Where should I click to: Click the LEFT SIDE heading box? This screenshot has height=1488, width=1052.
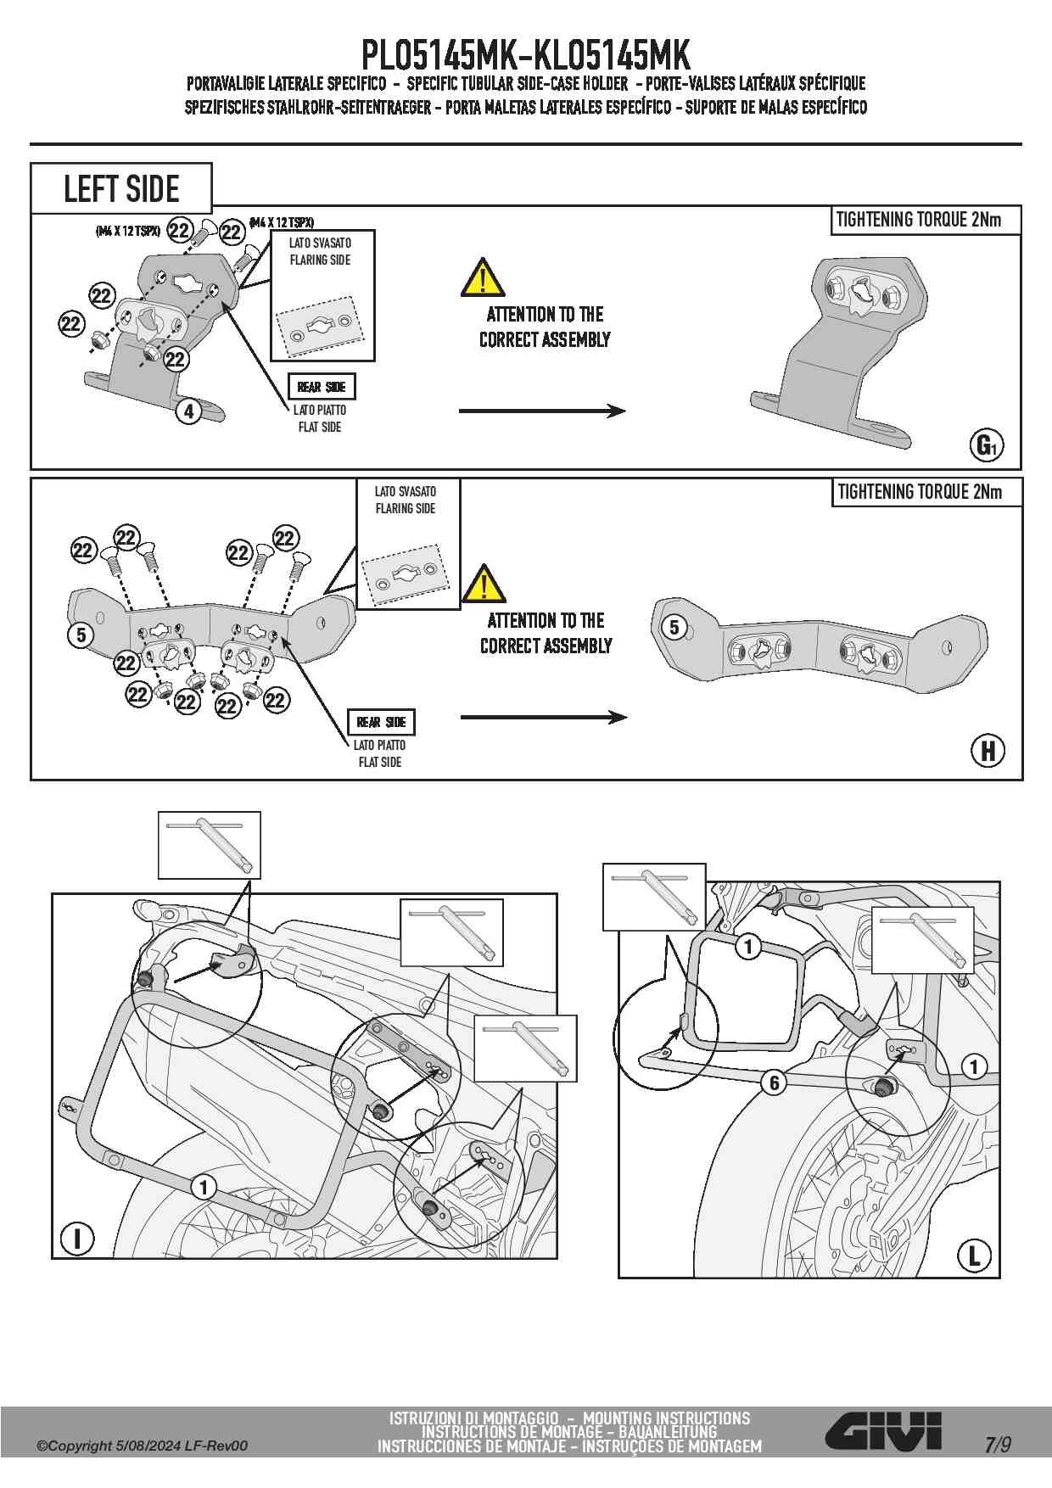[x=121, y=188]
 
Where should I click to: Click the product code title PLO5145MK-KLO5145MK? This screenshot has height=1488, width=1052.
[x=526, y=55]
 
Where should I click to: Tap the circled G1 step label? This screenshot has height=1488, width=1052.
[x=987, y=445]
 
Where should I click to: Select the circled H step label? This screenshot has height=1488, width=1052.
[x=988, y=751]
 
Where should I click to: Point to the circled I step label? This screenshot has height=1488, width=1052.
[x=78, y=1239]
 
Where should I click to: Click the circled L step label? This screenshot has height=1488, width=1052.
[x=974, y=1256]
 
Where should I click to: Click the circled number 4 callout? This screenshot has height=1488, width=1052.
[x=188, y=411]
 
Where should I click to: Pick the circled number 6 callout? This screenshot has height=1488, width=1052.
[x=773, y=1082]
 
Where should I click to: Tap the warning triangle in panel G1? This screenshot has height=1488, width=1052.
[x=483, y=277]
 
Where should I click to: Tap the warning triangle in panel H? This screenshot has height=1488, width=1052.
[x=484, y=584]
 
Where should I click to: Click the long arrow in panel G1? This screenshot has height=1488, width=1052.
[x=542, y=411]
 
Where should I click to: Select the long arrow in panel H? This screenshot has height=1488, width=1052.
[x=543, y=718]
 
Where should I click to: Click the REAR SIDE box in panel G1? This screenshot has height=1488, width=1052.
[x=322, y=387]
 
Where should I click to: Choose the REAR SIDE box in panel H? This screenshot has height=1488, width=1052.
[x=381, y=722]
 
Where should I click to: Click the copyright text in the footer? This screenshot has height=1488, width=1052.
[x=142, y=1446]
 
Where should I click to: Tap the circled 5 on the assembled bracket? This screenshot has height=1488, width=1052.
[x=674, y=627]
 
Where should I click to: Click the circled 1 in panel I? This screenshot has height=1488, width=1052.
[x=204, y=1186]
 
